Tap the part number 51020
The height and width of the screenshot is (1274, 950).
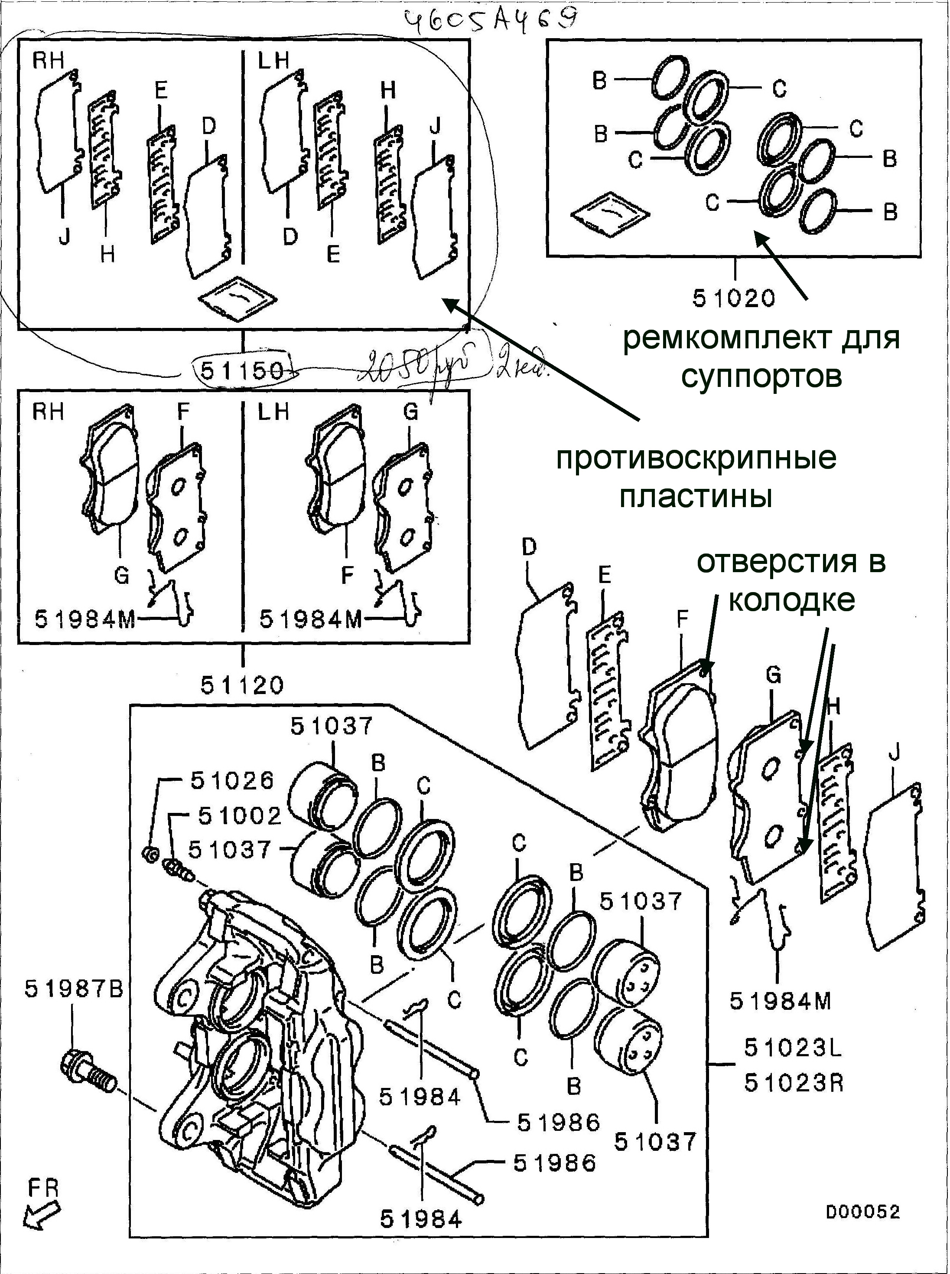[734, 298]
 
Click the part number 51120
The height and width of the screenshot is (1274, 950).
[242, 685]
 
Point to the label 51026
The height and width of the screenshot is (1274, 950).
[232, 781]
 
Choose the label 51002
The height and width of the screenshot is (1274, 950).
[240, 816]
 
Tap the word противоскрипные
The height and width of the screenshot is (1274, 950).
[696, 459]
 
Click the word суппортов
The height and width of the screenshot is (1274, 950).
[761, 377]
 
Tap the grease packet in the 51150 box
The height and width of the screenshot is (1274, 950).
[237, 297]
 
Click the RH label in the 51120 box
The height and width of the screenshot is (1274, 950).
[48, 412]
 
